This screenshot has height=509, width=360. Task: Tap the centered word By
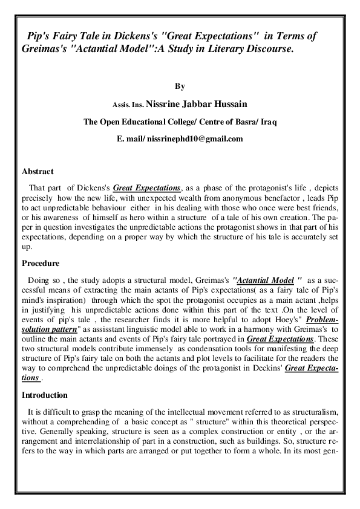click(x=179, y=88)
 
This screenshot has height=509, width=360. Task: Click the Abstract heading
click(x=38, y=172)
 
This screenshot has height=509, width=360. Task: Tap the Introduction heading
click(x=45, y=395)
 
